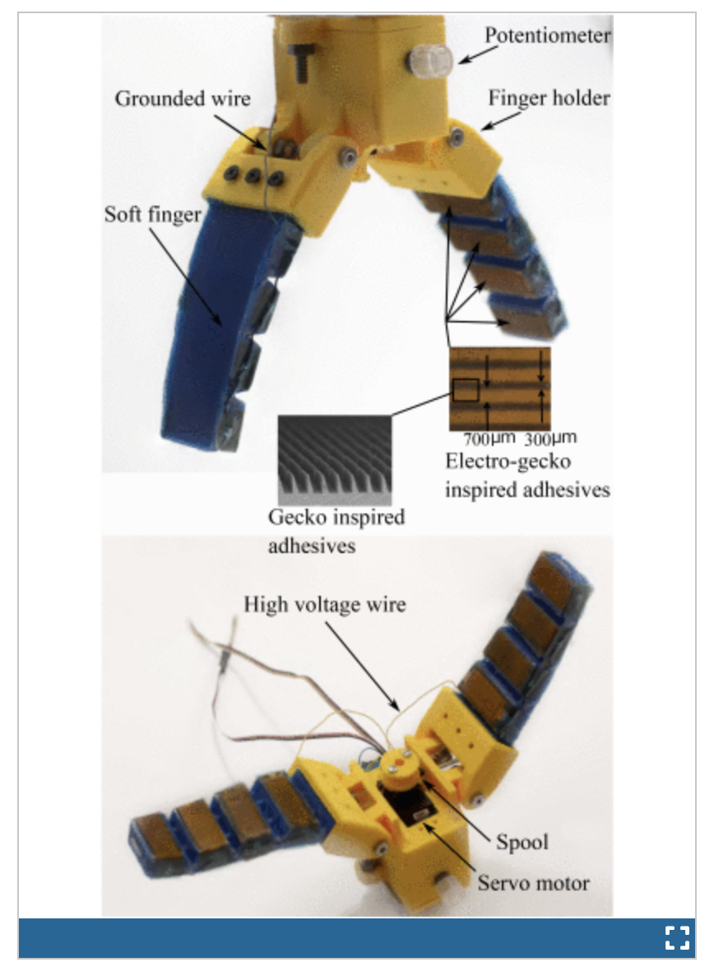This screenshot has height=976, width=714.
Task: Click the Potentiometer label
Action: [547, 36]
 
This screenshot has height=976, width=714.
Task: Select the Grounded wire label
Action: [182, 100]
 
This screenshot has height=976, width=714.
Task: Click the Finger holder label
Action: [549, 99]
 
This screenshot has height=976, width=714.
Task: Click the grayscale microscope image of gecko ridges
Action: [333, 459]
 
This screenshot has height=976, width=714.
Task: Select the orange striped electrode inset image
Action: [499, 388]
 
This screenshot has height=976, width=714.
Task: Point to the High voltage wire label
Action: [325, 605]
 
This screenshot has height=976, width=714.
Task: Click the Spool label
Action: [522, 841]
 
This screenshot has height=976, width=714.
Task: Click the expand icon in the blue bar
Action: [676, 937]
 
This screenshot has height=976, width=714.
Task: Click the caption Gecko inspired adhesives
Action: [336, 531]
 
